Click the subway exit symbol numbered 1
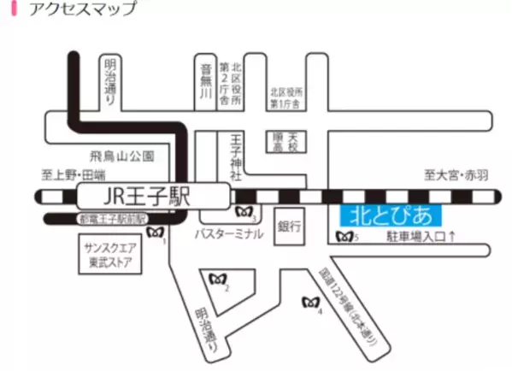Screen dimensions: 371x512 pyautogui.click(x=156, y=233)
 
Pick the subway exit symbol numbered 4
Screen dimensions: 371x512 pyautogui.click(x=311, y=302)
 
